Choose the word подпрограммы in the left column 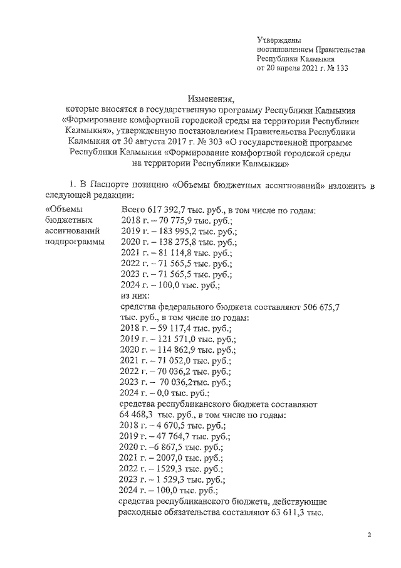75,242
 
